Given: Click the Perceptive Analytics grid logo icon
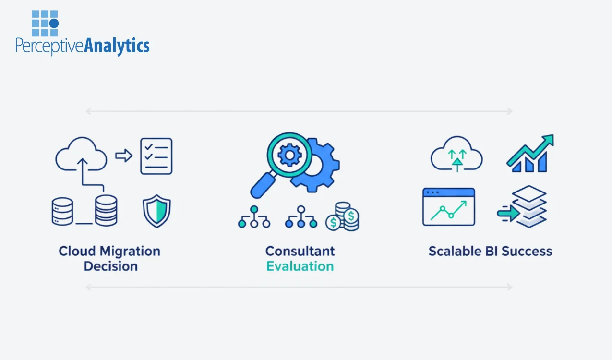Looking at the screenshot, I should click(x=45, y=23).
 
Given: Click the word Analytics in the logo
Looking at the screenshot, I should click(x=117, y=46).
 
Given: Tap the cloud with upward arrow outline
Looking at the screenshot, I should click(x=81, y=155).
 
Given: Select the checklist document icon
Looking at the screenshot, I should click(x=156, y=156).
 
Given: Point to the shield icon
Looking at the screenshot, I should click(x=156, y=210).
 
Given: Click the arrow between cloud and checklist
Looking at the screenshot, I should click(x=123, y=156).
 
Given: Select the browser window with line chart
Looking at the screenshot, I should click(x=448, y=207).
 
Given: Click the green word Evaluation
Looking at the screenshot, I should click(x=300, y=266).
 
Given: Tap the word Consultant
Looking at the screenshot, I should click(x=300, y=251).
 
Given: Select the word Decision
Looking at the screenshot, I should click(x=110, y=266).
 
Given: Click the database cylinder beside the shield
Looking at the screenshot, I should click(x=106, y=210).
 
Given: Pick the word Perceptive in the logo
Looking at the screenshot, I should click(x=49, y=47).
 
